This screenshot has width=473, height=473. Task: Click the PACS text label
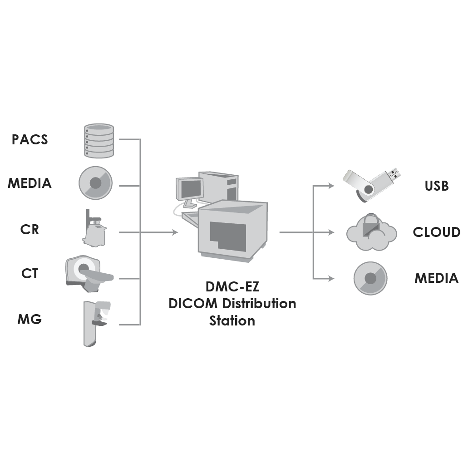(x=30, y=139)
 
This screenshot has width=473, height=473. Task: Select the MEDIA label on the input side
(x=30, y=183)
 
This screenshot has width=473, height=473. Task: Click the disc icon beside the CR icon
(x=95, y=183)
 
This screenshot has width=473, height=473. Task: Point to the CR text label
(x=30, y=230)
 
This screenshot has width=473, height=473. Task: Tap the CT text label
(x=30, y=274)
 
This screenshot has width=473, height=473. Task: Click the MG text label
(x=30, y=319)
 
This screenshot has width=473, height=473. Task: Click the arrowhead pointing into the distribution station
(x=175, y=232)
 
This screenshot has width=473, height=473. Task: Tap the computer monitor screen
(x=191, y=188)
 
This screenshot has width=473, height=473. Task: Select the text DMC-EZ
(x=232, y=287)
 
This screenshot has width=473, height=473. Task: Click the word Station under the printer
(x=232, y=320)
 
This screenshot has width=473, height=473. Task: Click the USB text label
(x=436, y=186)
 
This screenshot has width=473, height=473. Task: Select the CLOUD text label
(x=436, y=232)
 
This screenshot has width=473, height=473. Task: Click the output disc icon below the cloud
(x=370, y=278)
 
